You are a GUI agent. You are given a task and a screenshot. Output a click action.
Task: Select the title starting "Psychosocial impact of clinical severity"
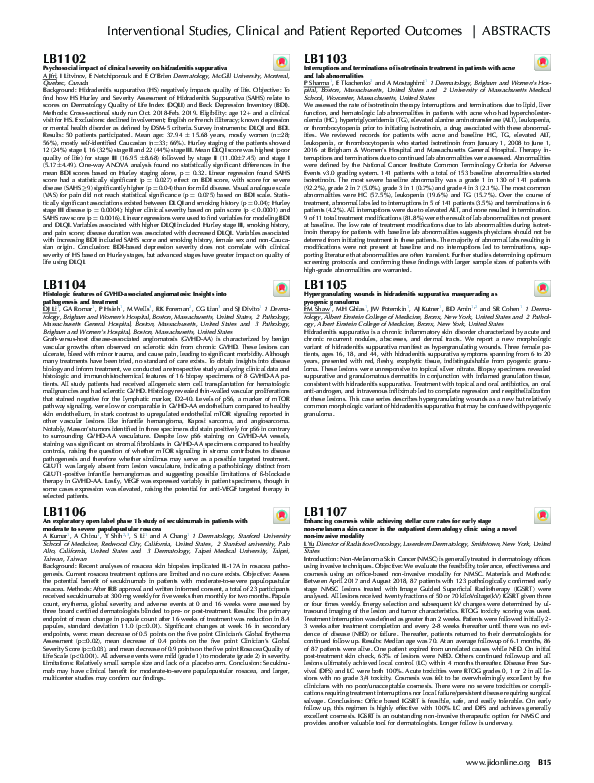(x=139, y=72)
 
